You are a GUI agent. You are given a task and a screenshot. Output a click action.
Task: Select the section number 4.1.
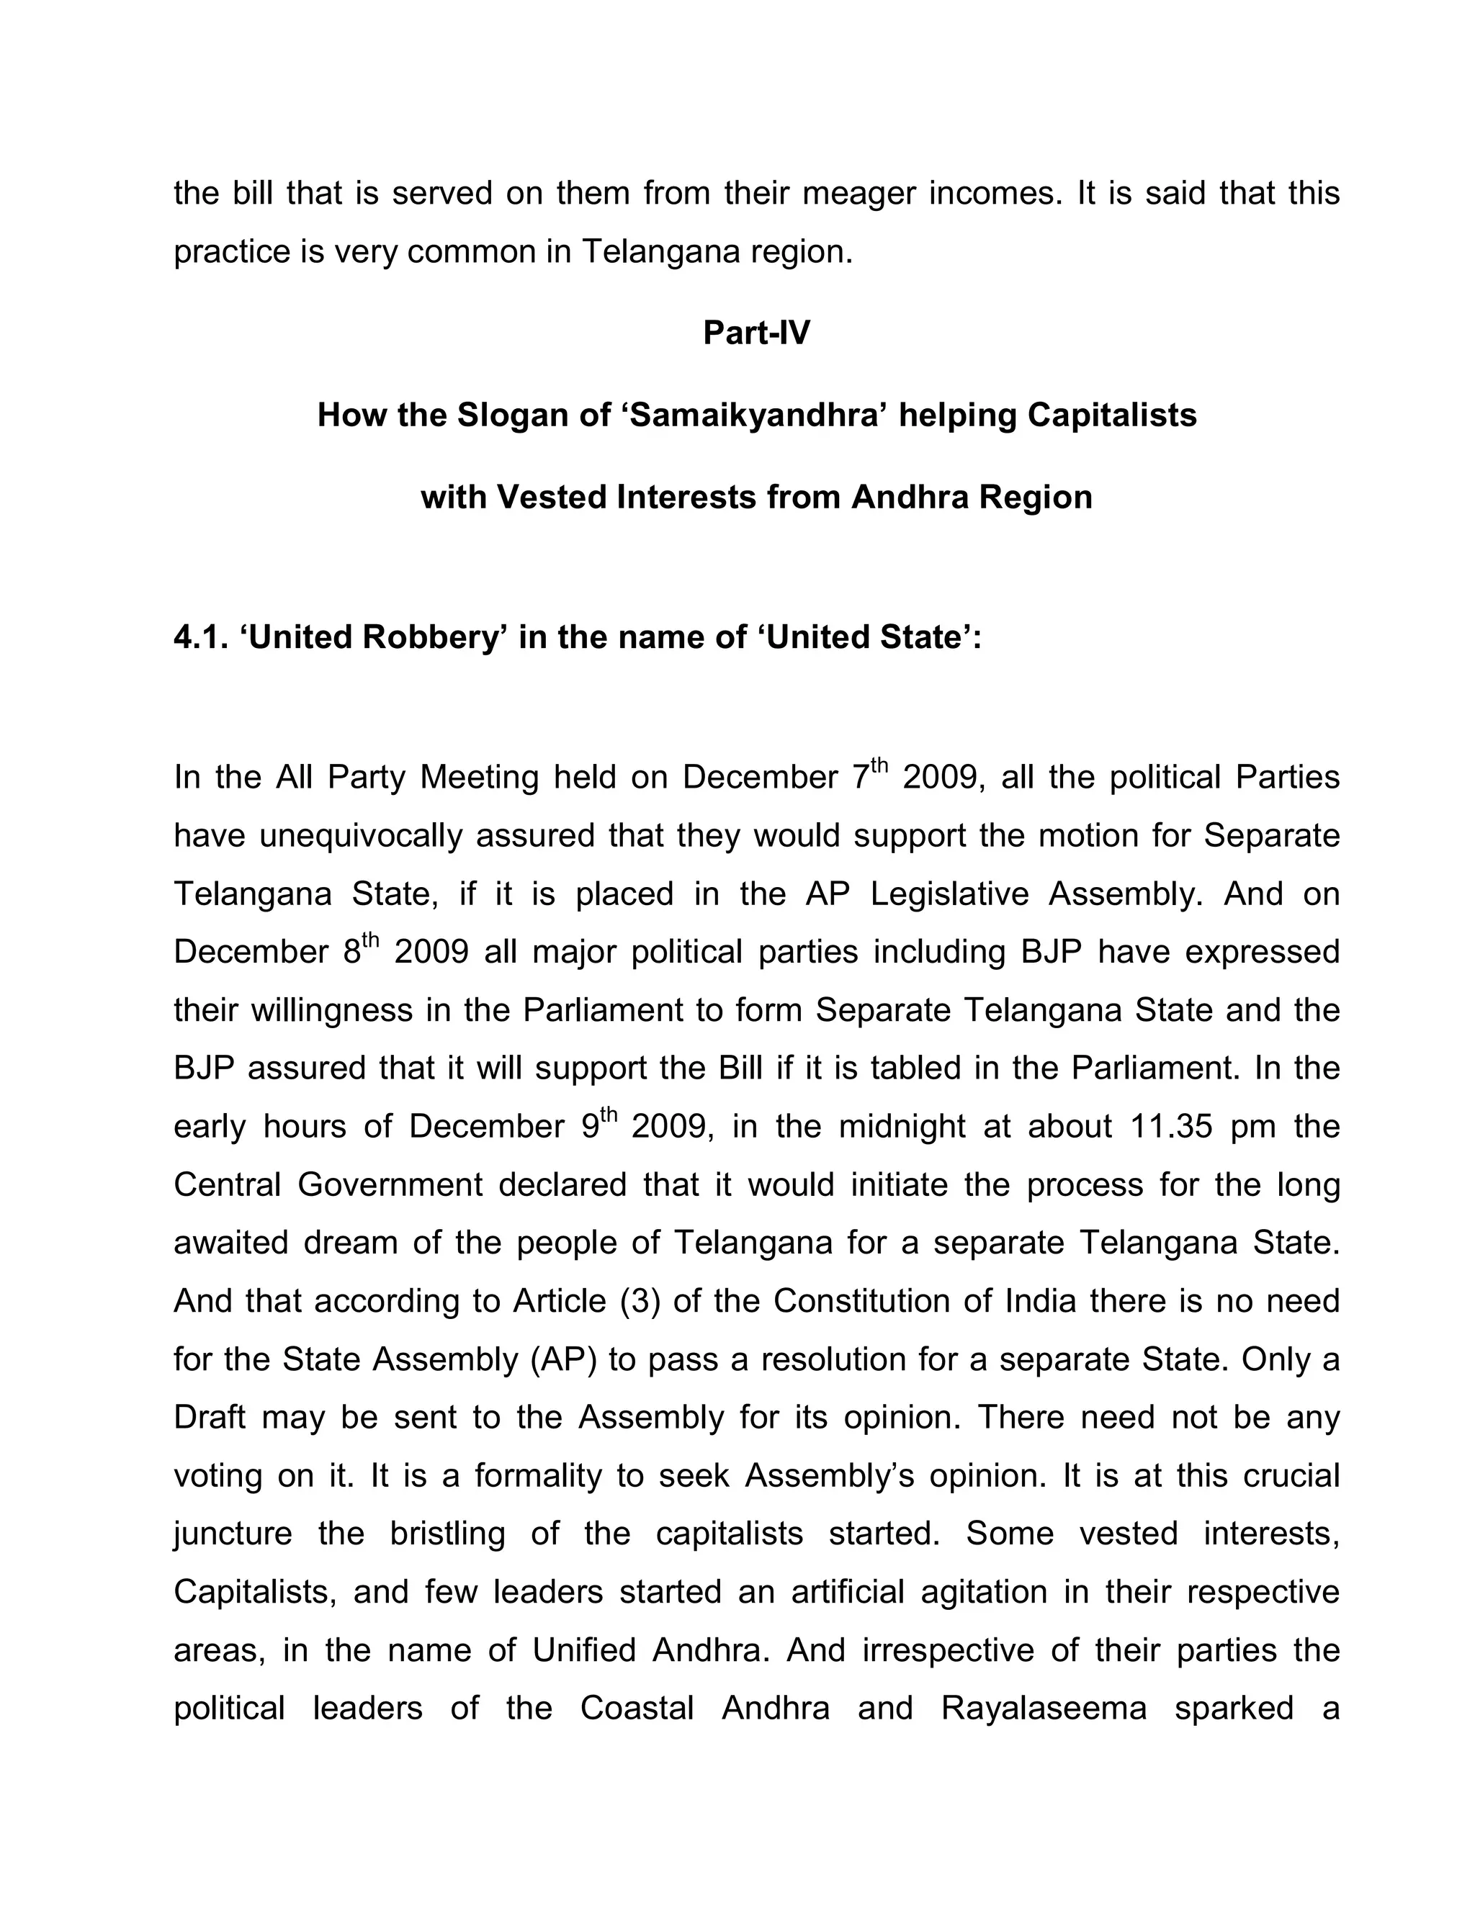[x=200, y=637]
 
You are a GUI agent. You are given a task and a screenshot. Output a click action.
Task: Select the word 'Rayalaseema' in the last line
[x=1044, y=1708]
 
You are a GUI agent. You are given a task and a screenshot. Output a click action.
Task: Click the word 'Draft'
[x=210, y=1417]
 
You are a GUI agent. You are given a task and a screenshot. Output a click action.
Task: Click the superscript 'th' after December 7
[x=878, y=767]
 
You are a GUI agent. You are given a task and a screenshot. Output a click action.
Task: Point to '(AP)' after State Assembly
[x=562, y=1359]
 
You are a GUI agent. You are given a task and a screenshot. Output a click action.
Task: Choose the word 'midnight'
[x=902, y=1126]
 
